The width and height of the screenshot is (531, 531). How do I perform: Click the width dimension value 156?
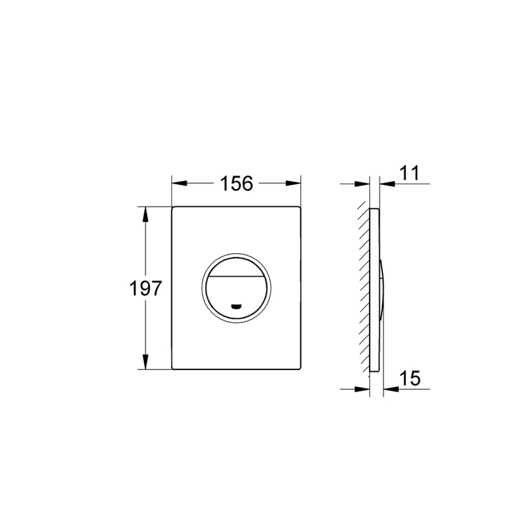pyautogui.click(x=237, y=183)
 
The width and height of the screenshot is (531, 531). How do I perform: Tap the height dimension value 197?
pyautogui.click(x=146, y=288)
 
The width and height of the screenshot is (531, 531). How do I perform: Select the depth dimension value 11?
pyautogui.click(x=410, y=174)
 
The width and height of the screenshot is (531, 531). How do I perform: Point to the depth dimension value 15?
pyautogui.click(x=411, y=379)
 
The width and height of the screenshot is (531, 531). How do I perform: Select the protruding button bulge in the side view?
pyautogui.click(x=382, y=288)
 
